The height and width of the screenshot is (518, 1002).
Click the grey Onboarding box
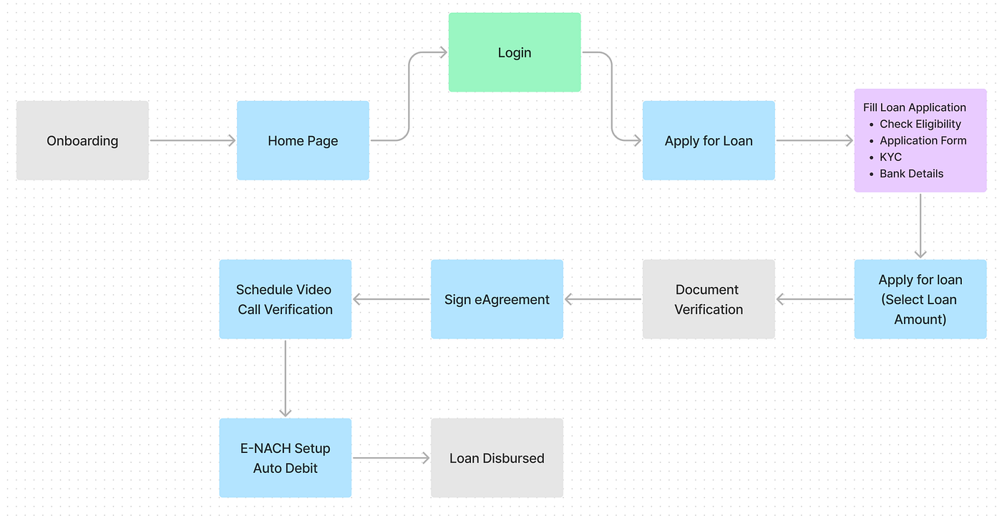82,140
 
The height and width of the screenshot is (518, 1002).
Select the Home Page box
303,140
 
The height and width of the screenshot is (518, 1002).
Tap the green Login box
515,52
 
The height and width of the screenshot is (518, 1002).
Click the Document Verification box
709,299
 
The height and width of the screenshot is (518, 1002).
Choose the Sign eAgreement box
497,299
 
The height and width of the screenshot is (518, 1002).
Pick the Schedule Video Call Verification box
285,299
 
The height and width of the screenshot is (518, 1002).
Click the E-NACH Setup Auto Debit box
285,458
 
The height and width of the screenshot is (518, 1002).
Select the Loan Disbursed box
497,458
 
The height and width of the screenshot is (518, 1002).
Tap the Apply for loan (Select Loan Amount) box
920,299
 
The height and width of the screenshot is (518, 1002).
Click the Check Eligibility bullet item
920,124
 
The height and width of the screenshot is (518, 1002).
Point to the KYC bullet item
890,157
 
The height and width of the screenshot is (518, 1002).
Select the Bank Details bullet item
911,173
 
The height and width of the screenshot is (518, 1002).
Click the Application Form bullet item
923,140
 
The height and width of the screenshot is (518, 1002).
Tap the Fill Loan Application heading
914,107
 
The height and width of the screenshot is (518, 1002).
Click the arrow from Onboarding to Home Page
193,141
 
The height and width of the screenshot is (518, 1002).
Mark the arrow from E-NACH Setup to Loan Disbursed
391,458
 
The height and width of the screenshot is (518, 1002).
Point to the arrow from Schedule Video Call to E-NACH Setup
285,378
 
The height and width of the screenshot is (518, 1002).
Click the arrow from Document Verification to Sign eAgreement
603,299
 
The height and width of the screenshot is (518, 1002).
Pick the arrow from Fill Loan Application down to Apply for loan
920,225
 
